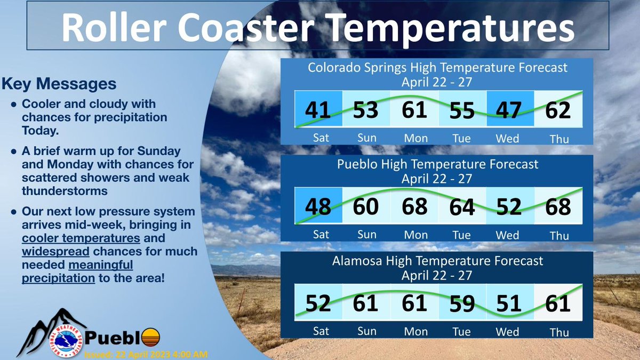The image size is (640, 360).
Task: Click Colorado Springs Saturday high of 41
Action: tap(318, 110)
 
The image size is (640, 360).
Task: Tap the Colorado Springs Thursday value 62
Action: tap(558, 110)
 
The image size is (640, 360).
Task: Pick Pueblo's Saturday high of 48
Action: tap(318, 206)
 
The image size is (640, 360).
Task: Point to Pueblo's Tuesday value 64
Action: tap(462, 206)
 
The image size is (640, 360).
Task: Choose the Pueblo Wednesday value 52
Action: tap(509, 206)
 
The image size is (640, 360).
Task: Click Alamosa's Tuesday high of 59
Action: tap(462, 303)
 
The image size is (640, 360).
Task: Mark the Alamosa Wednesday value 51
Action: tap(509, 303)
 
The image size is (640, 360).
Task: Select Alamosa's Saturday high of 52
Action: tap(318, 303)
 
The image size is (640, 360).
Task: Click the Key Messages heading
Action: tap(59, 84)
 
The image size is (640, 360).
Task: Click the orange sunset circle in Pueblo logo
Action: tap(151, 337)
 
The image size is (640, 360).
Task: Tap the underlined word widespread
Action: tap(52, 251)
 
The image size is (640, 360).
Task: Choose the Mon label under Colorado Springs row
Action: tap(415, 138)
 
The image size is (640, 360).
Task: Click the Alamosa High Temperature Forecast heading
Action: tap(437, 261)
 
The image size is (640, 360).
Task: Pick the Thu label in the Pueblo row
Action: tap(558, 235)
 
